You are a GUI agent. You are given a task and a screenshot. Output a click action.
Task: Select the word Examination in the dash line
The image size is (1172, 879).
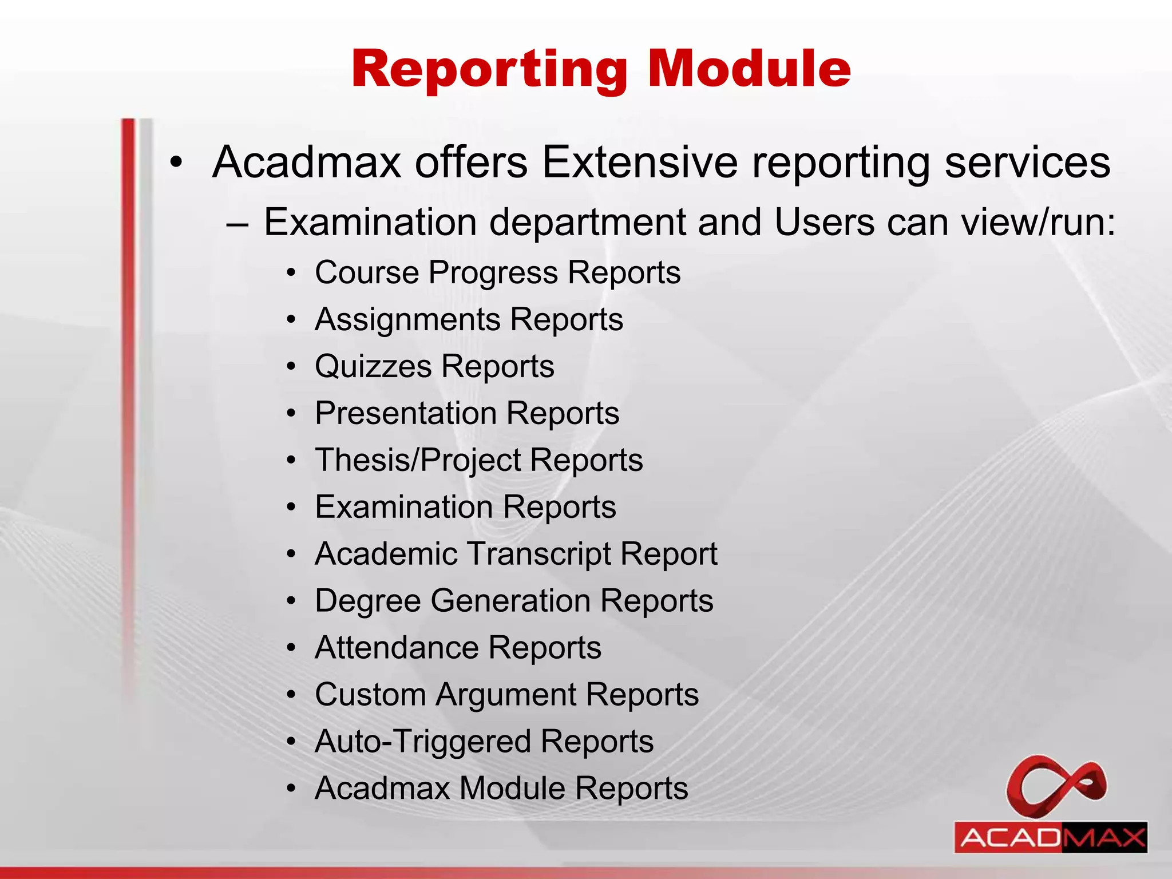click(370, 222)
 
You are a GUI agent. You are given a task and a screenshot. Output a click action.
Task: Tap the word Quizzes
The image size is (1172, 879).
click(373, 366)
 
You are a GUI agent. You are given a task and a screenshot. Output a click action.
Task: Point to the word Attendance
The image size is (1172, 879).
click(396, 648)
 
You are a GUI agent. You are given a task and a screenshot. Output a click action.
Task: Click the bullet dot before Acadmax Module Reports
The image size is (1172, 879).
click(292, 789)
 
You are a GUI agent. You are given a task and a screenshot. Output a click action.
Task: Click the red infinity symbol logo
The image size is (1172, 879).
click(1056, 784)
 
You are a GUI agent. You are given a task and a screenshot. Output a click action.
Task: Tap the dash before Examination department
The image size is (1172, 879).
click(237, 224)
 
